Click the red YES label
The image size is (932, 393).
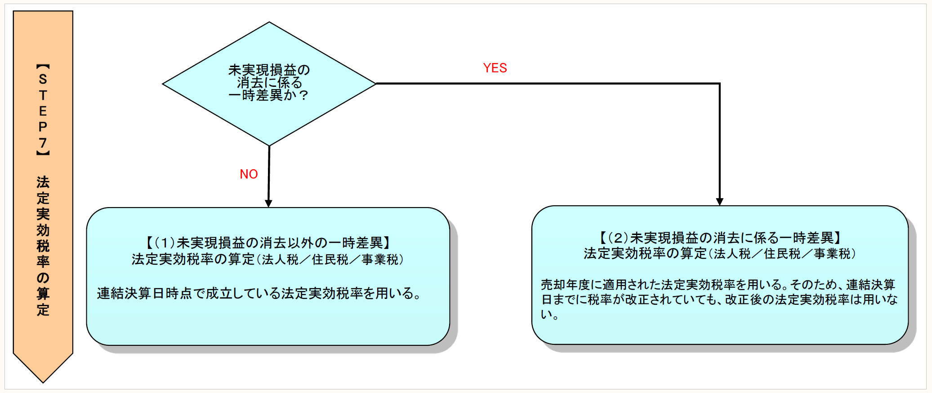pos(495,68)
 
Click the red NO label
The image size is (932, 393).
pos(249,174)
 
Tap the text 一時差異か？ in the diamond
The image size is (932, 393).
pos(269,95)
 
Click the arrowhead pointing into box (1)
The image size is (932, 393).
pos(268,203)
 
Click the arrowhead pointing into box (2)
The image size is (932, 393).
pos(719,202)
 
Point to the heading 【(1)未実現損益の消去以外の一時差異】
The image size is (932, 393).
pos(268,243)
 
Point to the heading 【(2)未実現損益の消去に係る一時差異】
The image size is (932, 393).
pos(720,238)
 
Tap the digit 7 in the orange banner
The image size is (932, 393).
pos(43,143)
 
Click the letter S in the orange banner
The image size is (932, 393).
pos(43,79)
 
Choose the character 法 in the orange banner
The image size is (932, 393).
pos(43,182)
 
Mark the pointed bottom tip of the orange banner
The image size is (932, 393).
pos(43,382)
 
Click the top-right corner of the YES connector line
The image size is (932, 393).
pos(719,84)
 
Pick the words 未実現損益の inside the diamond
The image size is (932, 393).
pos(269,70)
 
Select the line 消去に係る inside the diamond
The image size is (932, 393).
pos(269,83)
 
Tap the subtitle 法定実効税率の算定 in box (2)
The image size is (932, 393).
pos(645,254)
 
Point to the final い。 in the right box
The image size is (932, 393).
pos(549,315)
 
